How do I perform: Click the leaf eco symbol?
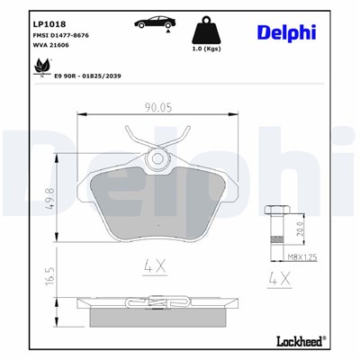coord(38,66)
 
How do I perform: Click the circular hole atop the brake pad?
coord(159,158)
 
